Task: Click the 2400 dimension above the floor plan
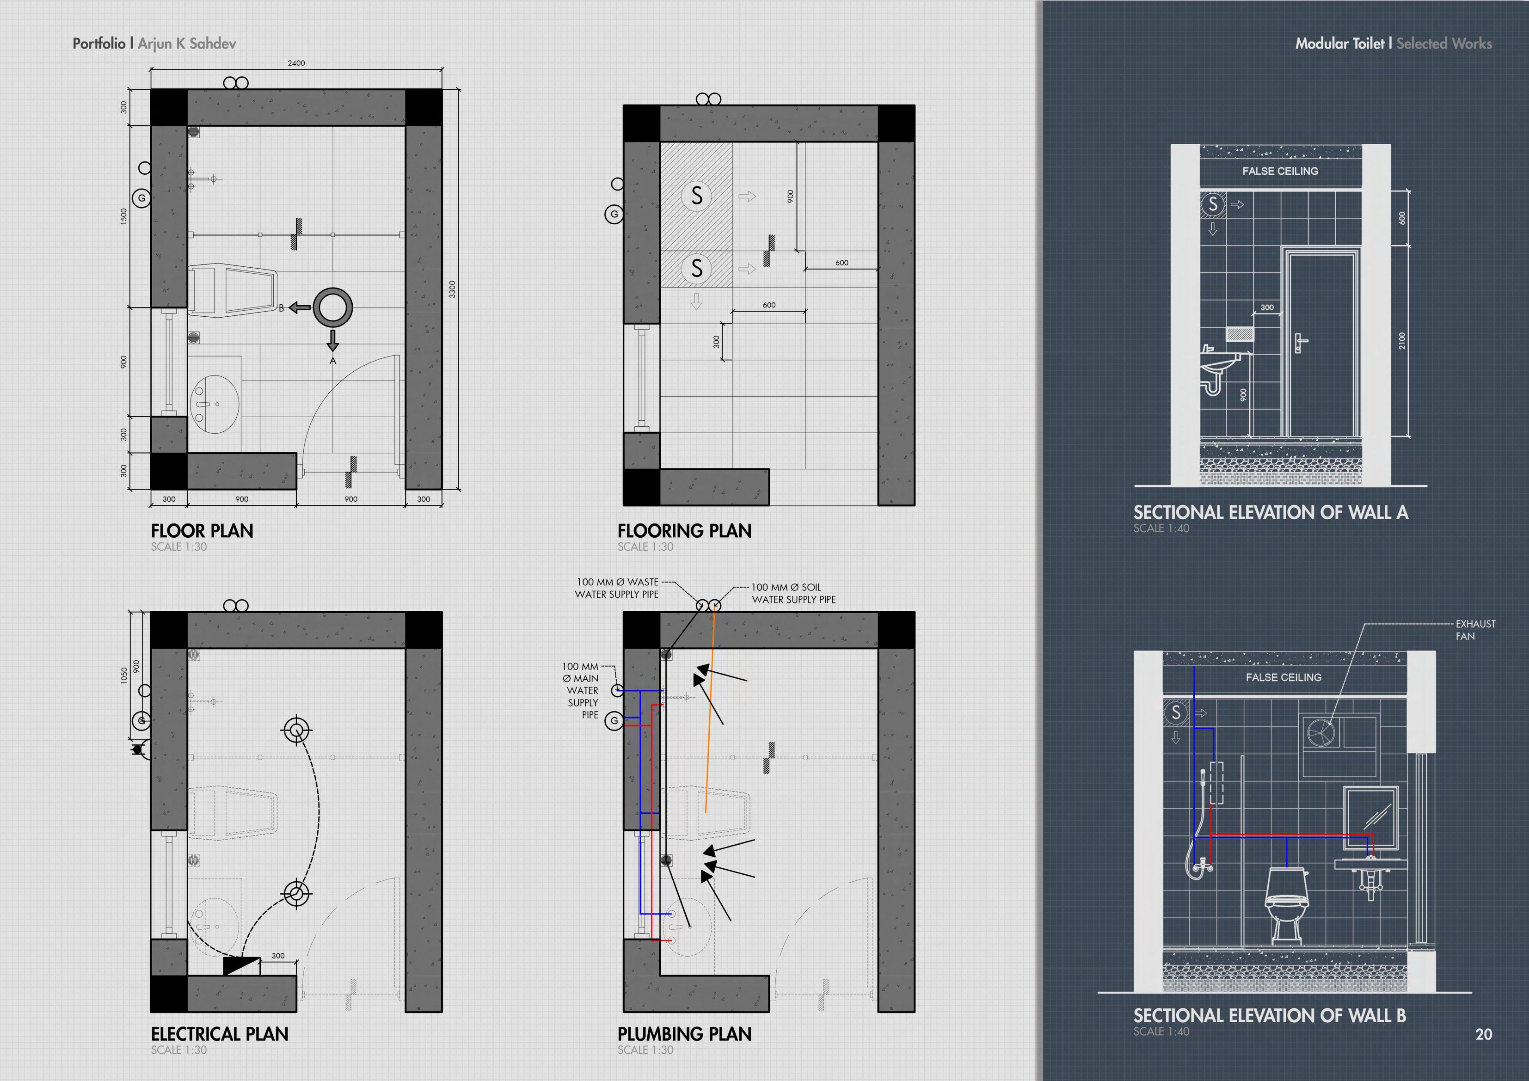coord(296,63)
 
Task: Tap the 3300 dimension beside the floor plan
coord(452,289)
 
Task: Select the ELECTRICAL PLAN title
coord(219,1034)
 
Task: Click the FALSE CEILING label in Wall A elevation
coord(1279,171)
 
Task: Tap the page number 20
coord(1483,1034)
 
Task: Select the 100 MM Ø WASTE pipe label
coord(617,588)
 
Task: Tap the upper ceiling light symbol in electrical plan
coord(297,730)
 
